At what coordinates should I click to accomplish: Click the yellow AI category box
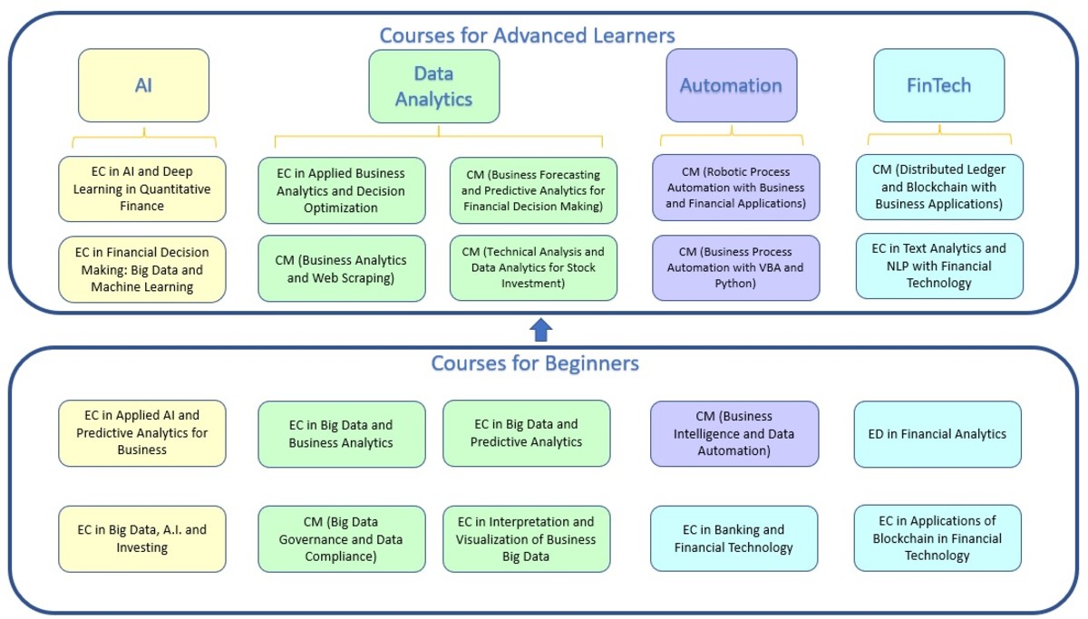(x=143, y=86)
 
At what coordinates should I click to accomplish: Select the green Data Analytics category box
(x=434, y=86)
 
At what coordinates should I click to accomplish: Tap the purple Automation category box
(x=731, y=86)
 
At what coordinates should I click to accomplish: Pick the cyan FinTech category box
(x=938, y=86)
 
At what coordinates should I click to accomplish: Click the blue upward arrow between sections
(x=541, y=330)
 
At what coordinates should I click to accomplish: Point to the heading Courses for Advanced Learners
(x=527, y=35)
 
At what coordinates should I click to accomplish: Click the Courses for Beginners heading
(x=535, y=363)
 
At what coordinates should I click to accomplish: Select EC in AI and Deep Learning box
(x=141, y=189)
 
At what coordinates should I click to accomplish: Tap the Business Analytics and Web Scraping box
(x=341, y=268)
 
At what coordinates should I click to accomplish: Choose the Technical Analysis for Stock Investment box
(x=533, y=268)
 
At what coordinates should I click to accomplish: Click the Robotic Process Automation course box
(x=735, y=188)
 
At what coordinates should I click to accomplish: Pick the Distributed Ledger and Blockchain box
(x=938, y=187)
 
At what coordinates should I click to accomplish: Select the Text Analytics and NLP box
(x=938, y=266)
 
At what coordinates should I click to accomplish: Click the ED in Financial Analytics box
(x=937, y=434)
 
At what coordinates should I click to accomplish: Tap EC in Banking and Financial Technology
(x=733, y=538)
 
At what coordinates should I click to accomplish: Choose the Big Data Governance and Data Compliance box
(x=341, y=539)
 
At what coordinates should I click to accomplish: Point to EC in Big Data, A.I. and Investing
(x=141, y=538)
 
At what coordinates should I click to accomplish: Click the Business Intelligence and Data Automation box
(x=734, y=434)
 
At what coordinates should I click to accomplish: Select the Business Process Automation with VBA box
(x=735, y=268)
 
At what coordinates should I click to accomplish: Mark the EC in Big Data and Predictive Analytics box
(x=526, y=433)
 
